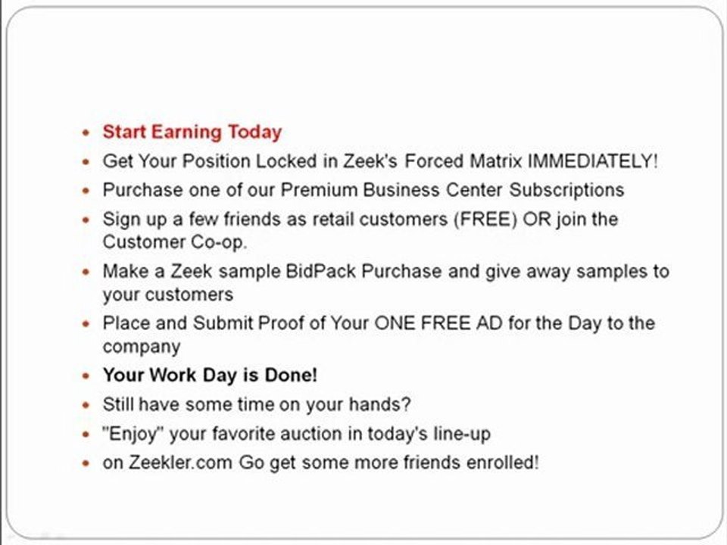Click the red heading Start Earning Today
[192, 132]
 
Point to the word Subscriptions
[566, 189]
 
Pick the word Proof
[285, 323]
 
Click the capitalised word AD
[495, 323]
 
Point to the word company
[142, 347]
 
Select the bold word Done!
[291, 375]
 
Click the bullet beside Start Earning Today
[86, 133]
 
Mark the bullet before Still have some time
[86, 406]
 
